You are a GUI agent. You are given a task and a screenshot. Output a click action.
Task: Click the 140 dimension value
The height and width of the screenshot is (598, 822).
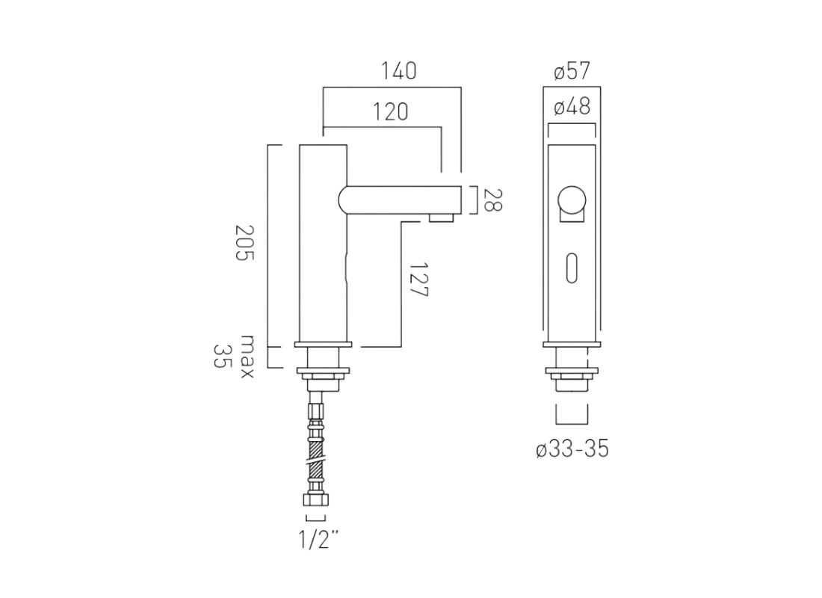398,72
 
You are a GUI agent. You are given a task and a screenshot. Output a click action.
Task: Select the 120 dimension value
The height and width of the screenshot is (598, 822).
391,111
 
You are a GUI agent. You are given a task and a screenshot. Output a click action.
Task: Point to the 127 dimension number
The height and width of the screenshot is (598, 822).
418,280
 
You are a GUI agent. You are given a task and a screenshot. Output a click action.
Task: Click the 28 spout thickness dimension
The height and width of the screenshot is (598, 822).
492,200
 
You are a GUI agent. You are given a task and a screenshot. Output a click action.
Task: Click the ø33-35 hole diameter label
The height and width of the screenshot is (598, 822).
572,450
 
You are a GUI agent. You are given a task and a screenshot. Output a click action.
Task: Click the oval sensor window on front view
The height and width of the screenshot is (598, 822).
572,267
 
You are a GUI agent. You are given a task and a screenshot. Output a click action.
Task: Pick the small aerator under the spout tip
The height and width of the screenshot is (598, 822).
442,218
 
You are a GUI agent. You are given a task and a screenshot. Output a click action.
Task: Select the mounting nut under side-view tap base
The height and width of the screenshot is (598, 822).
323,372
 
